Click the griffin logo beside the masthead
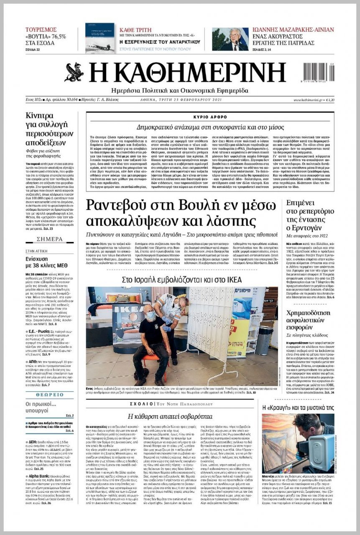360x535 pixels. (x=74, y=72)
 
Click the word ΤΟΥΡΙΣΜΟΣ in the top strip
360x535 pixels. (x=41, y=30)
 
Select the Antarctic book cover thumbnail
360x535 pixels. (x=100, y=37)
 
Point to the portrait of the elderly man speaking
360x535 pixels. (x=230, y=39)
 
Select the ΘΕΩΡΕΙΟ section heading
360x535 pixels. (x=49, y=395)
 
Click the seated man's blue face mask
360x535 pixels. (x=151, y=316)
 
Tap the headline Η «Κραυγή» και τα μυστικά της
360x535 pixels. (x=298, y=407)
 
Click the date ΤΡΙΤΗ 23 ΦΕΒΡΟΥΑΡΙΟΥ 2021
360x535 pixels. (x=181, y=100)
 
